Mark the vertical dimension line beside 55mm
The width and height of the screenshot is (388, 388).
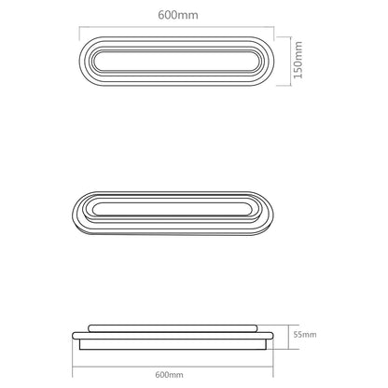click(x=285, y=334)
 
